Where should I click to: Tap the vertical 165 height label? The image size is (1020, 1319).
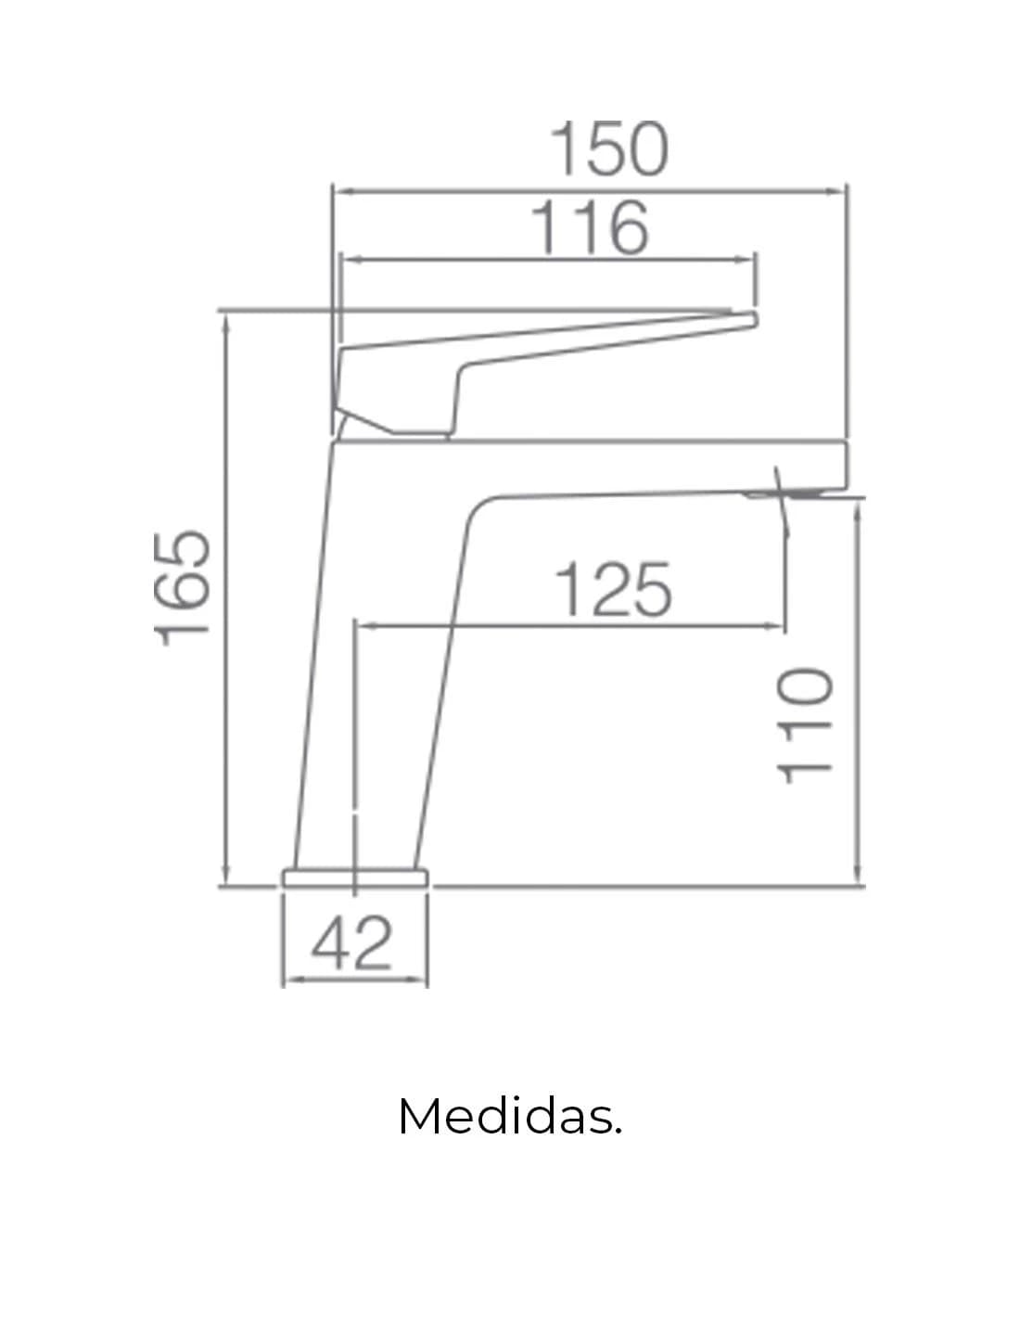182,588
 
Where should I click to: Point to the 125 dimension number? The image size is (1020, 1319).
613,589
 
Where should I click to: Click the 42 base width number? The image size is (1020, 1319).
352,943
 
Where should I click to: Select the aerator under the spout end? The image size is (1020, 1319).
784,494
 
